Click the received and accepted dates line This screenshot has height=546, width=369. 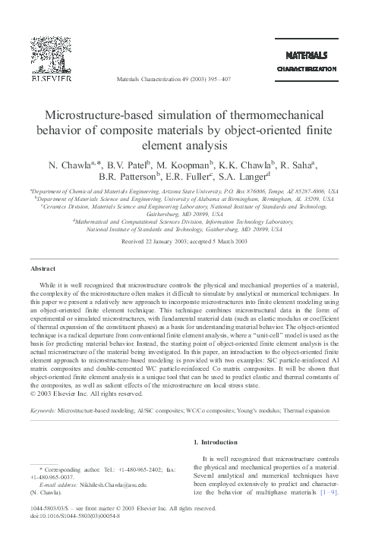pos(184,243)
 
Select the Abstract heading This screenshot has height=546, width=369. pos(42,268)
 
